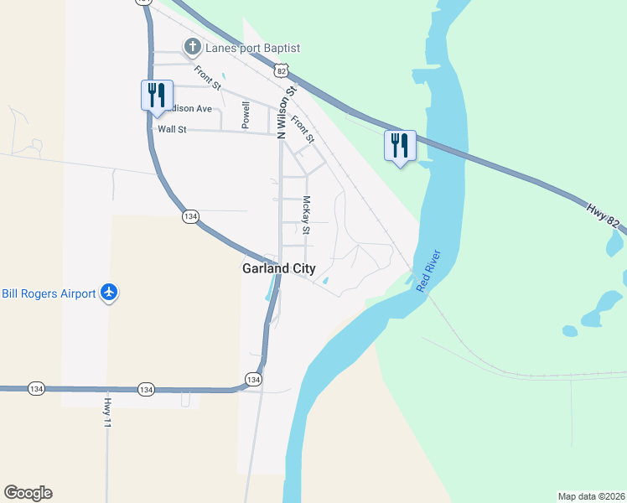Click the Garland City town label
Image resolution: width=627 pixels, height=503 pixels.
click(278, 269)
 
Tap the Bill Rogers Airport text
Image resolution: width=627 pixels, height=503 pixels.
click(49, 293)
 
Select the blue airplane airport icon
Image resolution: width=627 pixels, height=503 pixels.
click(108, 293)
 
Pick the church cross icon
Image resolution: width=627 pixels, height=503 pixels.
click(192, 47)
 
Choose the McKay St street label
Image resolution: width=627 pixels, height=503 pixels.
click(307, 215)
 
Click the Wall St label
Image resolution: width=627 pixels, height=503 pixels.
click(171, 130)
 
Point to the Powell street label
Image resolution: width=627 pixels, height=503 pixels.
click(246, 115)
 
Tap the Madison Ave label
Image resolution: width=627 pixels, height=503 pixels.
click(192, 108)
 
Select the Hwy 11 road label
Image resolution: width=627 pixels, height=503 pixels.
click(107, 413)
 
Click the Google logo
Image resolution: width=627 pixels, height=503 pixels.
click(28, 493)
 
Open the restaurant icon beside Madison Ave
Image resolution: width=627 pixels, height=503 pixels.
click(156, 96)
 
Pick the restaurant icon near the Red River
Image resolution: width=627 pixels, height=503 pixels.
click(399, 147)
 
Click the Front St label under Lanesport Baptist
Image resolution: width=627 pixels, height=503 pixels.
click(207, 78)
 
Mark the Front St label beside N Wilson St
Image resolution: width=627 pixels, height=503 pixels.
click(303, 128)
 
